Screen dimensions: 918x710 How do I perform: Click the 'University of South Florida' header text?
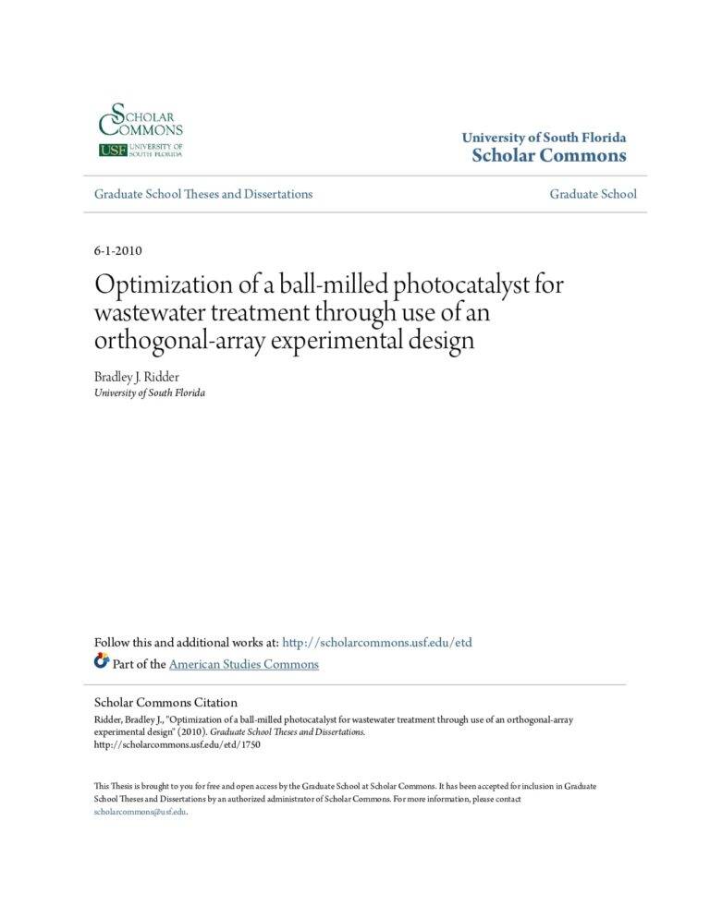pos(544,138)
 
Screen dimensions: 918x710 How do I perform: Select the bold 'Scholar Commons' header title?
pos(548,155)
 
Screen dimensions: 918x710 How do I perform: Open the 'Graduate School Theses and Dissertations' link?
pos(203,194)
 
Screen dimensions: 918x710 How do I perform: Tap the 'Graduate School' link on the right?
pos(593,194)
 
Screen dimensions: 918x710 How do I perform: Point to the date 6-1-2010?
pos(117,250)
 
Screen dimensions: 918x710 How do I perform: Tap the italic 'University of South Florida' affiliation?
pos(150,393)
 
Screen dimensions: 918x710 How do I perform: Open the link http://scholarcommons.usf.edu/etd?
pos(376,643)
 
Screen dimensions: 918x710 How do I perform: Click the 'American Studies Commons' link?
pos(244,664)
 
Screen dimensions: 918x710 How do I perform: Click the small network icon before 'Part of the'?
pos(102,661)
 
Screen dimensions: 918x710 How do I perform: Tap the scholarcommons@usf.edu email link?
pos(141,811)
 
